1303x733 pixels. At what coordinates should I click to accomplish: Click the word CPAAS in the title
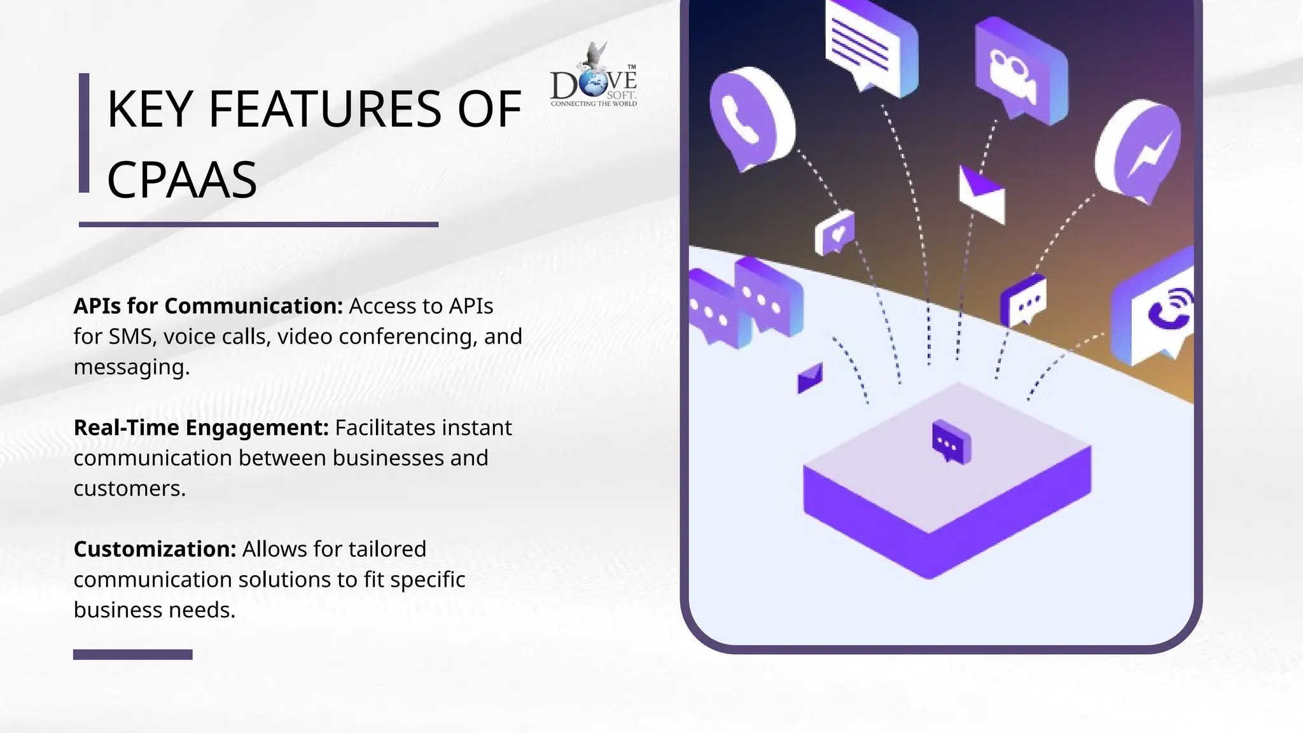tap(182, 180)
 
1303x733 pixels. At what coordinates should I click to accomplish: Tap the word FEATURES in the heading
tap(324, 109)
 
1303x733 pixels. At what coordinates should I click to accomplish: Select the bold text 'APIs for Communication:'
tap(208, 306)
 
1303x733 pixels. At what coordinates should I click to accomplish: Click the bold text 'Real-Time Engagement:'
tap(201, 428)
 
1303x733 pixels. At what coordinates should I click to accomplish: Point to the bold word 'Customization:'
tap(155, 549)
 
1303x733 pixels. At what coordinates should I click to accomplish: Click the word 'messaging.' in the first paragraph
tap(132, 367)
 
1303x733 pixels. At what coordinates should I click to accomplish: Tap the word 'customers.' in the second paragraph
tap(130, 489)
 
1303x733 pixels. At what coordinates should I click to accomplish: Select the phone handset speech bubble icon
tap(749, 118)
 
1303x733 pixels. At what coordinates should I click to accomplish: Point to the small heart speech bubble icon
tap(835, 233)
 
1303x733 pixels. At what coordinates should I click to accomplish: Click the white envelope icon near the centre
tap(982, 195)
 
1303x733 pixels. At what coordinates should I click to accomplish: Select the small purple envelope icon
tap(810, 378)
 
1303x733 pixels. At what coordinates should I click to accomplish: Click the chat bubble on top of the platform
tap(951, 441)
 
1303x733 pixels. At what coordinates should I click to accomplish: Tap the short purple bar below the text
tap(132, 654)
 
